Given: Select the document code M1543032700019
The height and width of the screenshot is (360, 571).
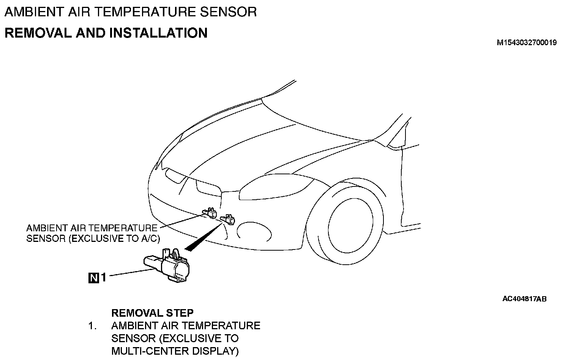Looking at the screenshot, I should tap(527, 43).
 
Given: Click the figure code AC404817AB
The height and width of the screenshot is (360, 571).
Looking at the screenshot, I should tap(524, 299).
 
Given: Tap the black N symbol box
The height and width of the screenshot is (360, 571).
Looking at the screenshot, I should tap(93, 278).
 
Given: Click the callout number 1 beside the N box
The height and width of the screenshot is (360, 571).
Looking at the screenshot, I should tap(103, 278).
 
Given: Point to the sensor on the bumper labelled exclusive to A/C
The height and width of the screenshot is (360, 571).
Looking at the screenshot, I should tap(210, 213).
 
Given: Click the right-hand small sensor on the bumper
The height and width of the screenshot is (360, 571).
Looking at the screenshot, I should tap(229, 219).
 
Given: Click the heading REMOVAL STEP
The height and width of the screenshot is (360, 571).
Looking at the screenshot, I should tap(152, 313).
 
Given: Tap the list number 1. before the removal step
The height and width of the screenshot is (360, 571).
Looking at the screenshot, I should tap(93, 326).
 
